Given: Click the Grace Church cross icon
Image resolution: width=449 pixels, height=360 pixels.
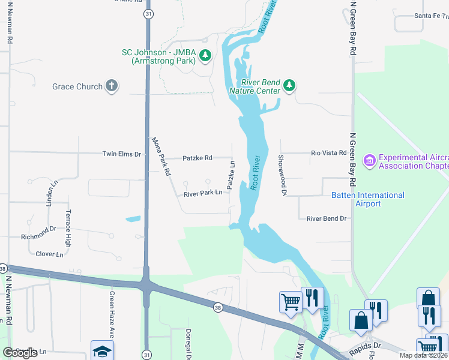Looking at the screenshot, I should [111, 86].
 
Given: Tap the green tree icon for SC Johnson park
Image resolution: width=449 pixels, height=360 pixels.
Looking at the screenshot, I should [205, 56].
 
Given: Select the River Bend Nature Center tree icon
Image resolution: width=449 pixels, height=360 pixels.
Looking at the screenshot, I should [289, 86].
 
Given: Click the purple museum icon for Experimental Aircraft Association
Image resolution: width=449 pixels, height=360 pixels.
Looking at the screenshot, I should [369, 161].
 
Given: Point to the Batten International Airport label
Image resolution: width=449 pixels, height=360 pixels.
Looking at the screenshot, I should [368, 199].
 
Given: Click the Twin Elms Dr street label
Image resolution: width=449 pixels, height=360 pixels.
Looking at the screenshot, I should [121, 154].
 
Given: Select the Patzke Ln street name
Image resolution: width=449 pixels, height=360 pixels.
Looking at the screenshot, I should [231, 172].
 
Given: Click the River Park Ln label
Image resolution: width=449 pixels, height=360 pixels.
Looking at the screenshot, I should [203, 194].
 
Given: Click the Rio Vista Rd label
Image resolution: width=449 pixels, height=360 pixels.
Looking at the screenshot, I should [328, 153].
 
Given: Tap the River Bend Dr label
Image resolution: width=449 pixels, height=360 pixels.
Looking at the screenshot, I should [327, 218].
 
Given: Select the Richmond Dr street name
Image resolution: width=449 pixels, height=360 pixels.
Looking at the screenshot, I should [38, 229].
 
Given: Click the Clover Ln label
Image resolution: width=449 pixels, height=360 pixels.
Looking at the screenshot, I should [49, 254].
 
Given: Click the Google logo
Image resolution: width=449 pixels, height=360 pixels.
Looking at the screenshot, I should [20, 353].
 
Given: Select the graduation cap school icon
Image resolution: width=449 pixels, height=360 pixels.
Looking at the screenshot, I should [102, 351].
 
